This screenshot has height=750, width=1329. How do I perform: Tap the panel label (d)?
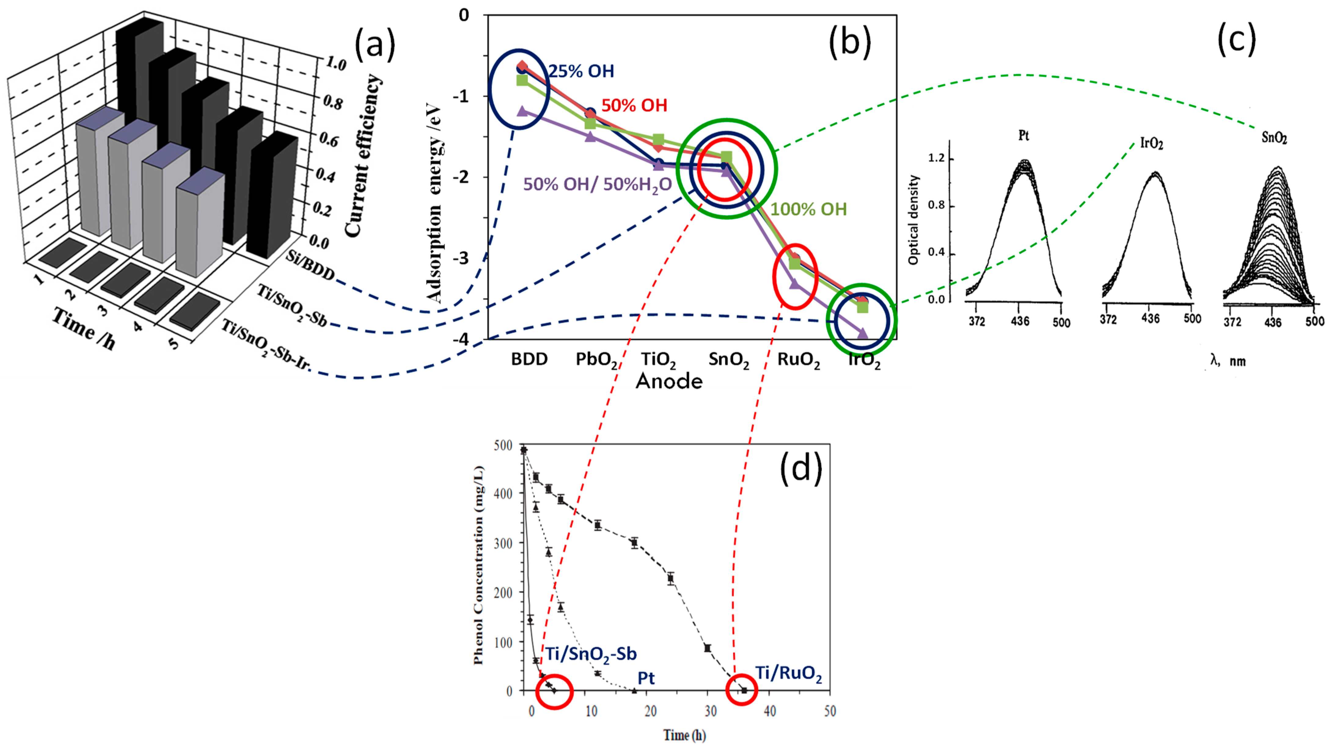(x=801, y=469)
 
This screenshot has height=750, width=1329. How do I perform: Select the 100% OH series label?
(x=808, y=209)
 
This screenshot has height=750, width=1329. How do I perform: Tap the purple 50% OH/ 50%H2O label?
(x=597, y=185)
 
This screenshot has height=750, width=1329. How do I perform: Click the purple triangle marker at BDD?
(x=522, y=111)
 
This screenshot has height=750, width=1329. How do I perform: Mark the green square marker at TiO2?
(x=658, y=140)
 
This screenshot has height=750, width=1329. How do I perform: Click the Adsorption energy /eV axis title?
(x=435, y=204)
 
